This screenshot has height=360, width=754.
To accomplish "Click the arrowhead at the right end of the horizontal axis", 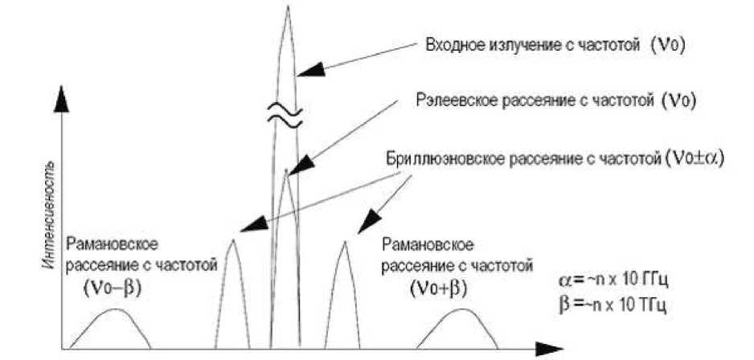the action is [548, 349].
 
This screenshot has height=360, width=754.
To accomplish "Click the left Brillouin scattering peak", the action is [232, 241].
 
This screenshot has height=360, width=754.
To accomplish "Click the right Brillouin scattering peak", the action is [344, 241].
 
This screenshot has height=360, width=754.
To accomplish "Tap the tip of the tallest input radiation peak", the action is [287, 8].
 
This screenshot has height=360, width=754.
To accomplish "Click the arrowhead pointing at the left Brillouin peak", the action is [249, 228].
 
